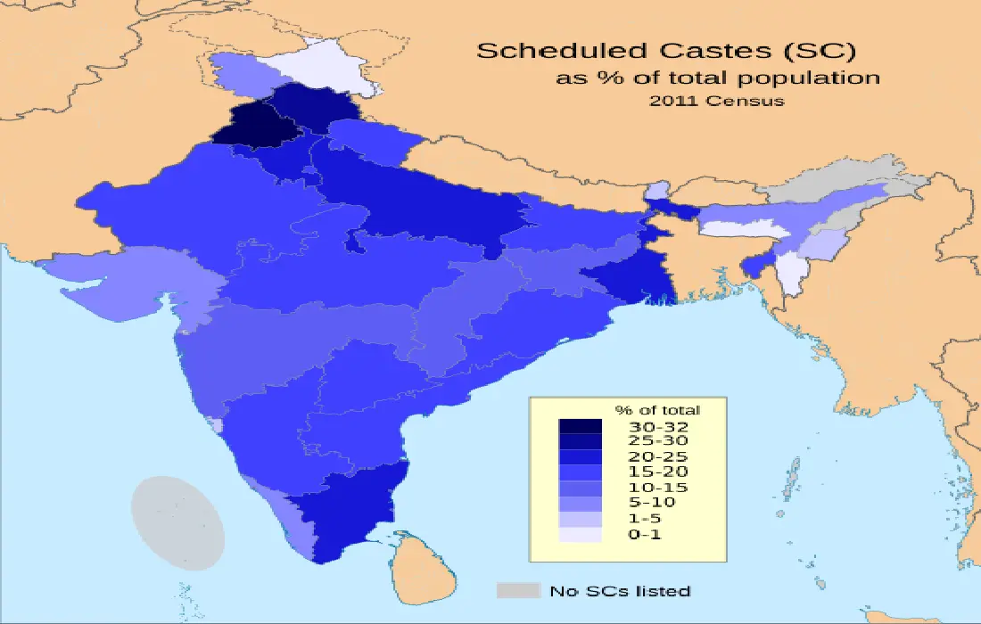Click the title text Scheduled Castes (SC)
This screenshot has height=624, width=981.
[x=660, y=50]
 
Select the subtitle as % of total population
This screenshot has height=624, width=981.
[x=718, y=78]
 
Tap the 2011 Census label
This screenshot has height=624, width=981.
[x=717, y=101]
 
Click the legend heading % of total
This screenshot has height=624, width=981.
[x=657, y=410]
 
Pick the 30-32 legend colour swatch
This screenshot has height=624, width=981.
[x=580, y=426]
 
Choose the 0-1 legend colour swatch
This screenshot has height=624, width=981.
[x=580, y=534]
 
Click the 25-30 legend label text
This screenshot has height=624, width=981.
[x=658, y=440]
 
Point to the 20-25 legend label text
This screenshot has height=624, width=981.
[x=658, y=456]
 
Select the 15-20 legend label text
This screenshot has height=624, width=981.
[x=658, y=472]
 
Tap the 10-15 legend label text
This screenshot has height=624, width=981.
[x=658, y=488]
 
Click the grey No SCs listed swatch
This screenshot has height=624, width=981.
[x=518, y=590]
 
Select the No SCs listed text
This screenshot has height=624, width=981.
[x=619, y=591]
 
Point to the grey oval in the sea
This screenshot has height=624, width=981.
[x=177, y=522]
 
